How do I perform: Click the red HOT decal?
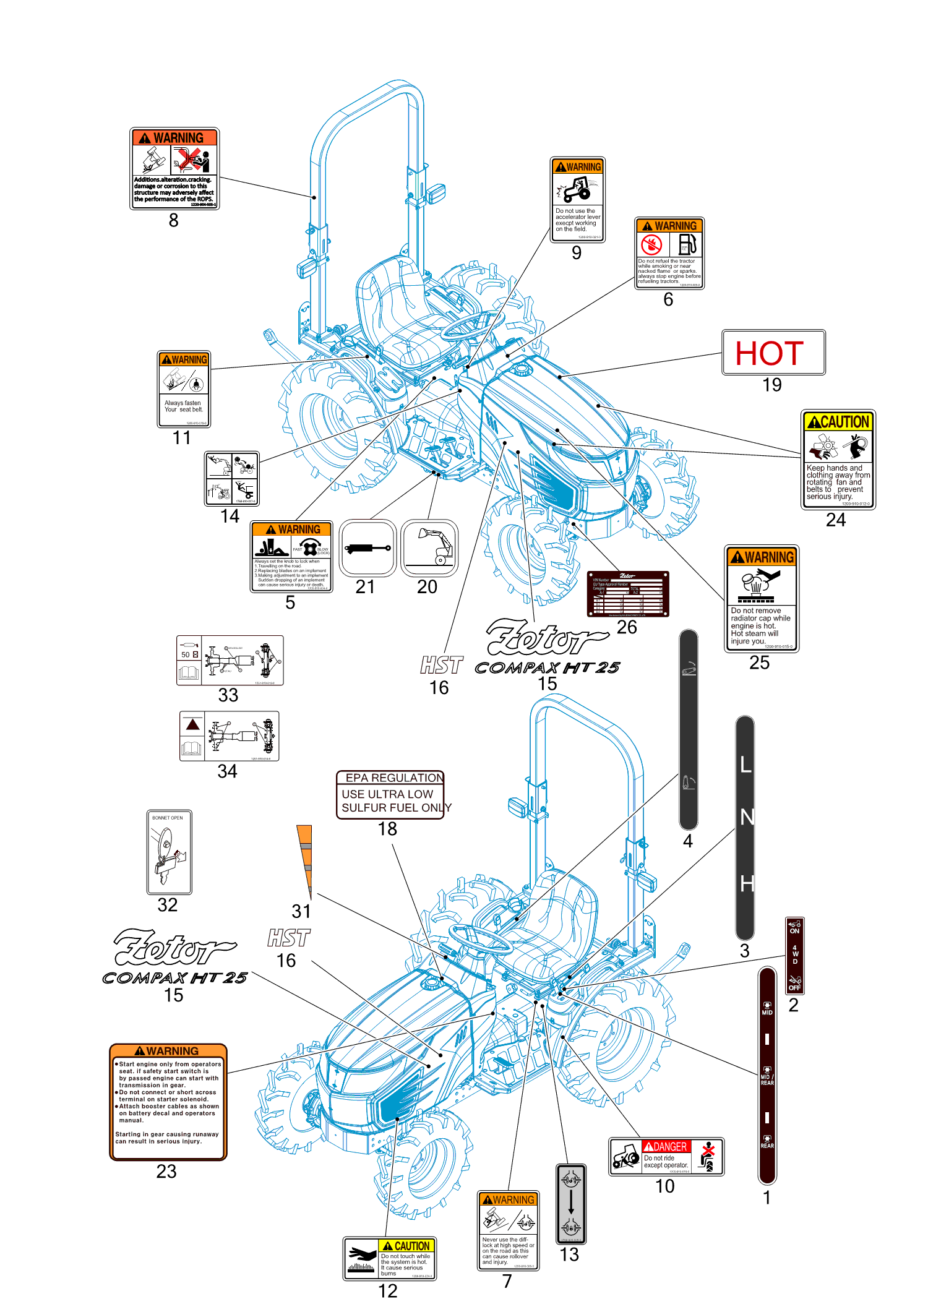pos(773,352)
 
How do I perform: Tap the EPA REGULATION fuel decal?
pos(390,794)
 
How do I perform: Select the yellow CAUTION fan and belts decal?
pos(838,460)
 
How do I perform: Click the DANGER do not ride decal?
pos(666,1156)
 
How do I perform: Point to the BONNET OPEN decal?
pos(169,851)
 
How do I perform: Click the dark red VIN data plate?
pos(627,594)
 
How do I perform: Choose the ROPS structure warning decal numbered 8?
pos(174,168)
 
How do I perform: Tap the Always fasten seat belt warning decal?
pos(184,389)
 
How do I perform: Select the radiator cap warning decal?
pos(761,598)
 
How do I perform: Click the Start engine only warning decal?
pos(168,1102)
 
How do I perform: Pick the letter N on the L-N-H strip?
pos(747,818)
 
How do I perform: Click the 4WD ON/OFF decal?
pos(794,955)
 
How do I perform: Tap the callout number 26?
pos(627,627)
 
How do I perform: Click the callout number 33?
pos(228,695)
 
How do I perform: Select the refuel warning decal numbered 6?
pos(669,253)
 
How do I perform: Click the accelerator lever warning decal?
pos(577,199)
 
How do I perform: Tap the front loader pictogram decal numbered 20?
pos(429,548)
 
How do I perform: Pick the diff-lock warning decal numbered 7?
pos(508,1230)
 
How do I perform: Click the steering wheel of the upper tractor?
pos(473,325)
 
